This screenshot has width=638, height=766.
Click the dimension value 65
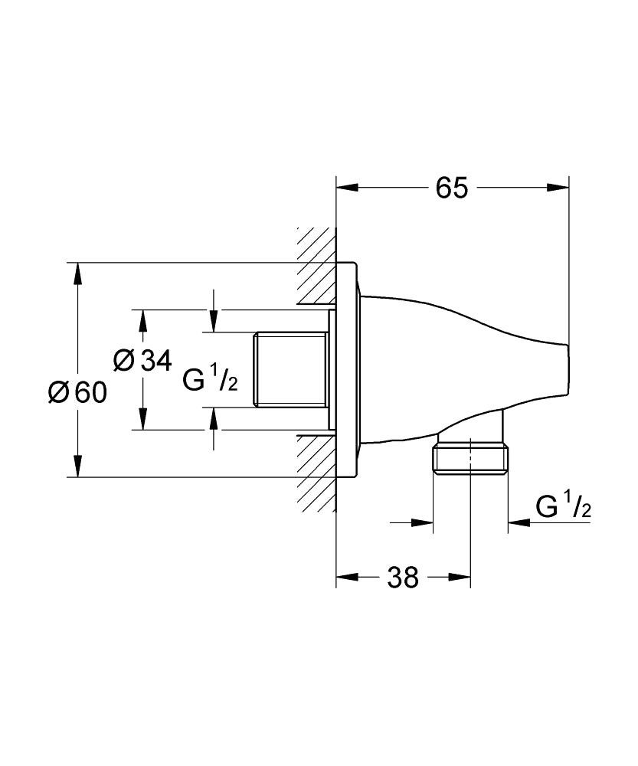tap(452, 188)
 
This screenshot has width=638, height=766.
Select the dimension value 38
tap(403, 577)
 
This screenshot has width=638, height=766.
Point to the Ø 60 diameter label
tap(77, 392)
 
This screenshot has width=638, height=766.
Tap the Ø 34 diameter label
tap(142, 360)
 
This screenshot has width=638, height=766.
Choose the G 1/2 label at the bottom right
tap(563, 507)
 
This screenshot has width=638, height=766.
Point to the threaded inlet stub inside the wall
tap(292, 370)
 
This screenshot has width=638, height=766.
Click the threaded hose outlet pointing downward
tap(470, 458)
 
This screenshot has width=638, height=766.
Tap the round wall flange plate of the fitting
tap(349, 370)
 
